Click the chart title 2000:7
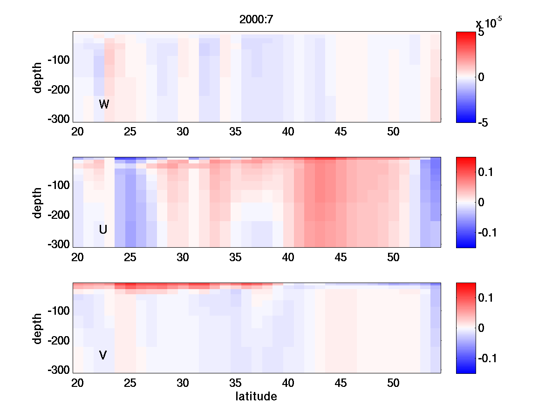[x=256, y=20]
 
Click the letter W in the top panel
[x=104, y=104]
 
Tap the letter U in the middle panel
[x=103, y=230]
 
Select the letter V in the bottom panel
[x=103, y=355]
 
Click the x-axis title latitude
[x=256, y=397]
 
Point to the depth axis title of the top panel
[x=38, y=77]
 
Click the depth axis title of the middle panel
[x=38, y=203]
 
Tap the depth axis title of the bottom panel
[x=38, y=328]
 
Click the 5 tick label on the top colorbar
[x=481, y=33]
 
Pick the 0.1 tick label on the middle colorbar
[x=486, y=172]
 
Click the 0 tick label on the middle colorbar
[x=481, y=203]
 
